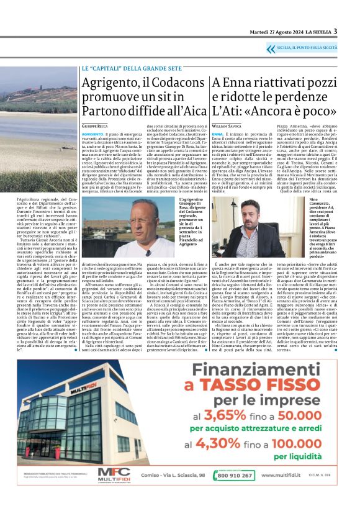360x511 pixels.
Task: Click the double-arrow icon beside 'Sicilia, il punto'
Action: point(271,47)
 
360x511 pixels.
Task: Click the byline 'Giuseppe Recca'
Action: point(94,125)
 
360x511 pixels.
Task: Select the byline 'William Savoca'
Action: point(229,125)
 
